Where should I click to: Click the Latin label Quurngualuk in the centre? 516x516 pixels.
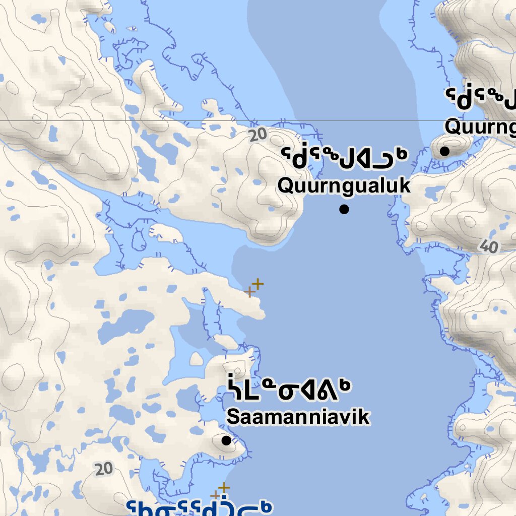[x=344, y=185]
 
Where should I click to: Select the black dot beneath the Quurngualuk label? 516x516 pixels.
[x=344, y=209]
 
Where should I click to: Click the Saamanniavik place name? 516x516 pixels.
[x=298, y=417]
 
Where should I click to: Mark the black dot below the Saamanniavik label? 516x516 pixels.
[x=226, y=440]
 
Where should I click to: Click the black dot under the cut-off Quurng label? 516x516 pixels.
[x=444, y=151]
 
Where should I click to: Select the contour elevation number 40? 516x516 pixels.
[x=488, y=246]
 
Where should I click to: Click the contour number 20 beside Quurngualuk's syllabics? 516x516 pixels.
[x=257, y=135]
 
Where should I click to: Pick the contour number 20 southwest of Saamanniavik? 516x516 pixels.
[x=103, y=469]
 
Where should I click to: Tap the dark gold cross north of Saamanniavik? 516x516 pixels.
[x=257, y=284]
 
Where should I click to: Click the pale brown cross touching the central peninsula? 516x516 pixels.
[x=249, y=292]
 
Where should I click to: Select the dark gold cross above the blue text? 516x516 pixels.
[x=224, y=487]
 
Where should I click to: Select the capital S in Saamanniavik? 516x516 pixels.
[x=232, y=417]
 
